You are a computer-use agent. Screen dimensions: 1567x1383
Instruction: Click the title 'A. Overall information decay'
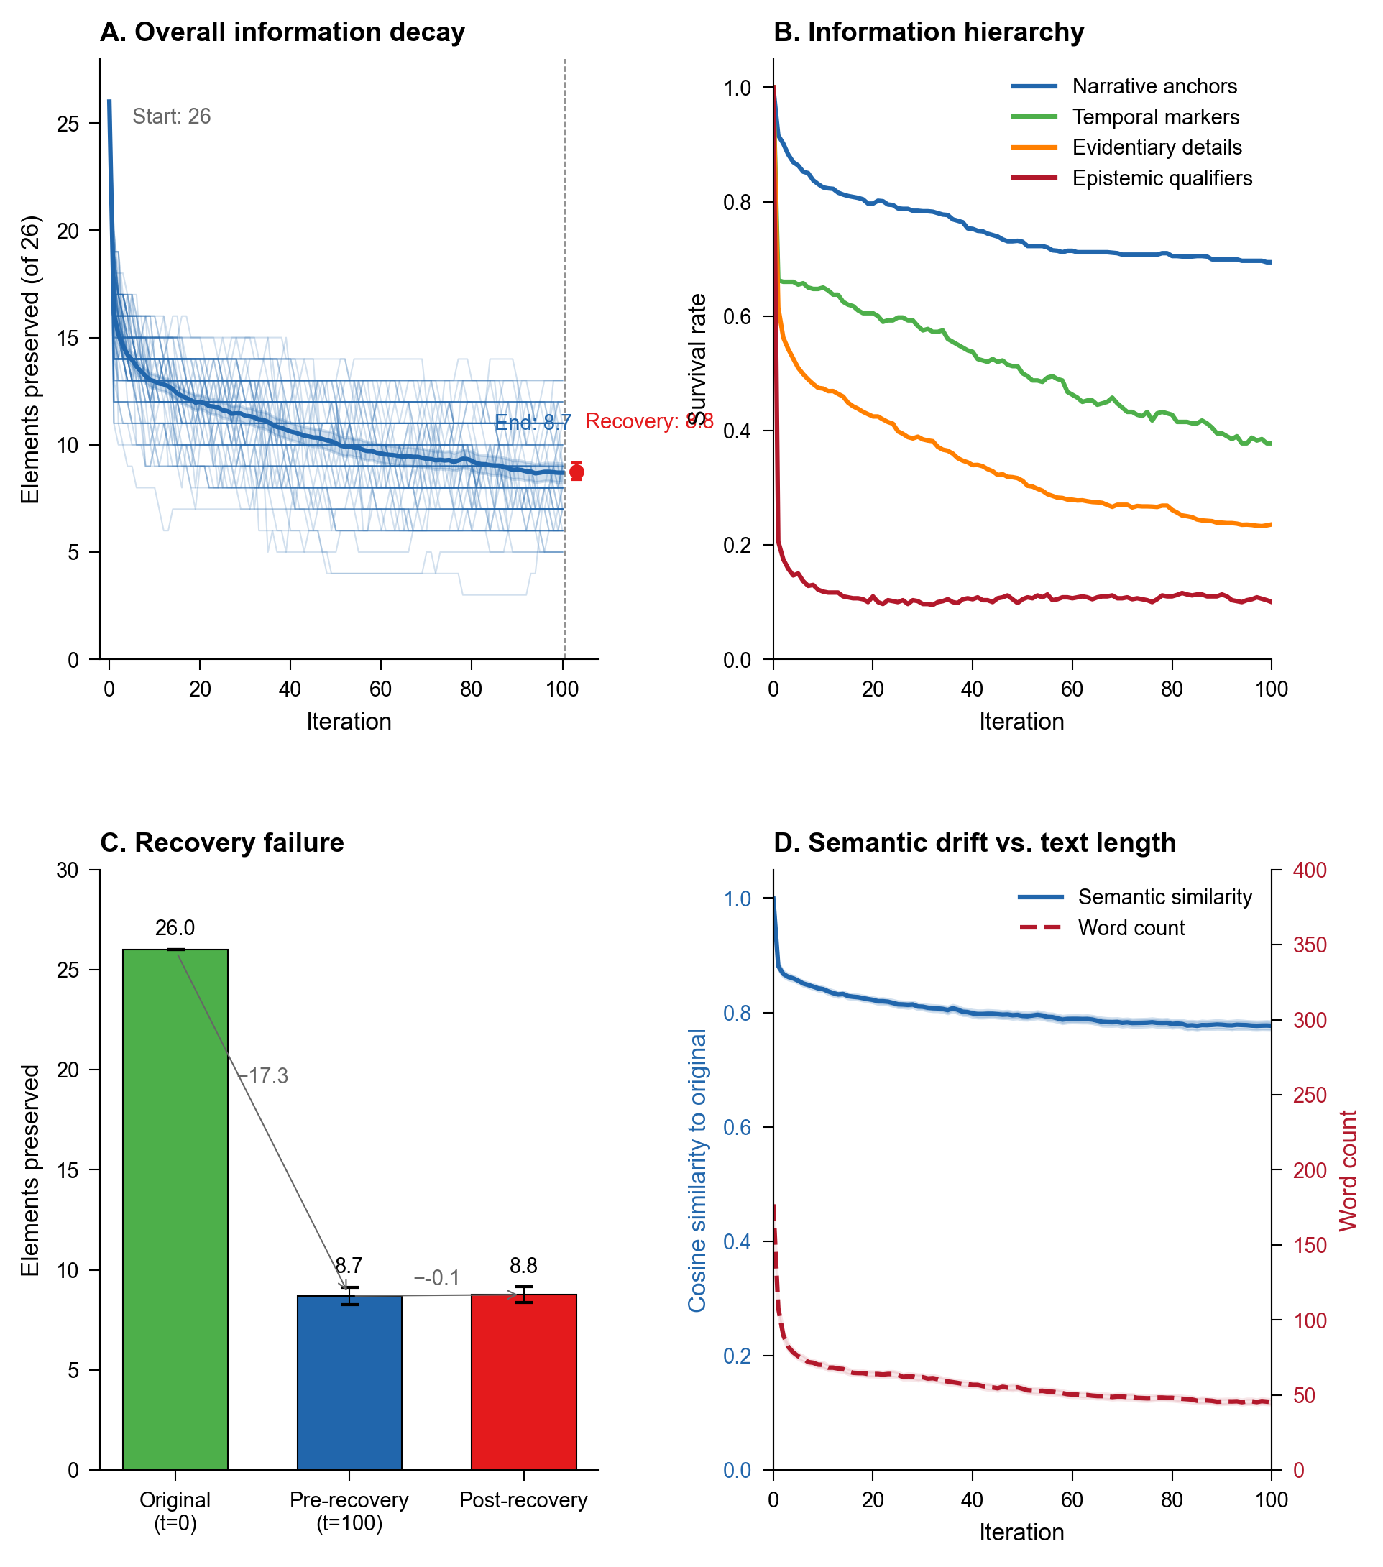[x=282, y=32]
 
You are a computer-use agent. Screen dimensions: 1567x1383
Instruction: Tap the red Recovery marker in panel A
[x=576, y=472]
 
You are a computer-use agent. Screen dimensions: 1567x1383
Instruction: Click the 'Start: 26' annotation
[x=171, y=116]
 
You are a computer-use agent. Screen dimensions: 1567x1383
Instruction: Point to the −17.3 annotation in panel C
[x=264, y=1076]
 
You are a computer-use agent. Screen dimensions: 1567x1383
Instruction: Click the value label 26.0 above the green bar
[x=175, y=929]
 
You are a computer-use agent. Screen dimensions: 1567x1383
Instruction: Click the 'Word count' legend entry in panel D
[x=1131, y=929]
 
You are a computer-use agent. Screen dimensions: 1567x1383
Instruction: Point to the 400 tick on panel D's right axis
[x=1310, y=870]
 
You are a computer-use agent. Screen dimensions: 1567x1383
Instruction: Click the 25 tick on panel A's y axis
[x=69, y=124]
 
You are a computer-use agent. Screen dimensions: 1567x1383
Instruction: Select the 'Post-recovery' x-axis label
[x=523, y=1500]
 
